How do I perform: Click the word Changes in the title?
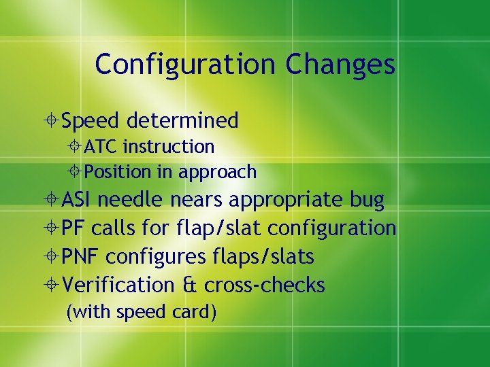click(x=340, y=65)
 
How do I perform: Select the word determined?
click(x=182, y=121)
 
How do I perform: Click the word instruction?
click(x=169, y=146)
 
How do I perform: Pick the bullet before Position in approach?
click(x=76, y=172)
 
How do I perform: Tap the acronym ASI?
click(x=79, y=200)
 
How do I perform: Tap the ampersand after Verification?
click(x=189, y=285)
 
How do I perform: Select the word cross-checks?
click(x=264, y=285)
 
